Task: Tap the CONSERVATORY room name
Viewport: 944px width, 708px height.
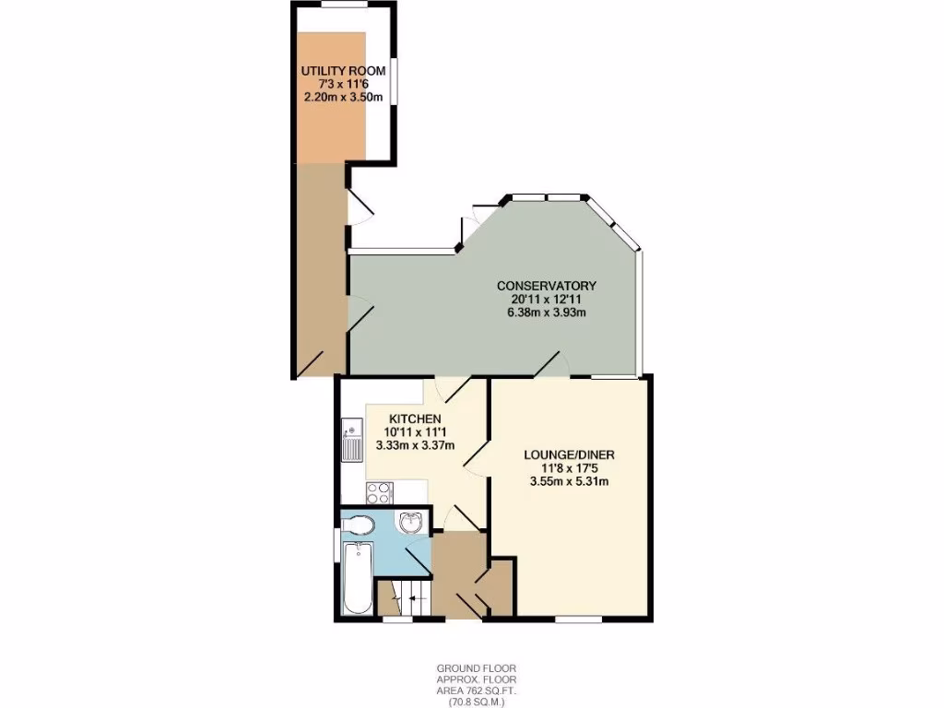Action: pyautogui.click(x=547, y=285)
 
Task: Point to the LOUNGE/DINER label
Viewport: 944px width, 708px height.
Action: pyautogui.click(x=569, y=454)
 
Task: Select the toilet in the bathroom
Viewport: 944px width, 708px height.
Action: pyautogui.click(x=358, y=525)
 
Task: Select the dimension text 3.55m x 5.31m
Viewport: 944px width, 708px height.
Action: pyautogui.click(x=569, y=480)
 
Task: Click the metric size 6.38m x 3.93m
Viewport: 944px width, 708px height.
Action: pyautogui.click(x=547, y=312)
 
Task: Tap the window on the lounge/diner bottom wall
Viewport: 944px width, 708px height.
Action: pyautogui.click(x=580, y=619)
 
